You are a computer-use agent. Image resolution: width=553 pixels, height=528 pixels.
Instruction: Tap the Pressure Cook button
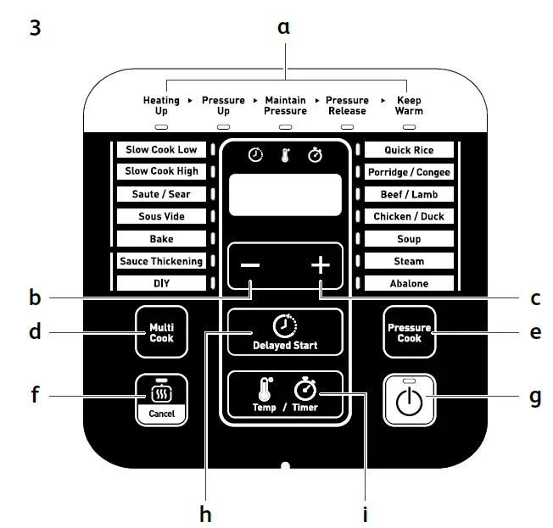pos(410,332)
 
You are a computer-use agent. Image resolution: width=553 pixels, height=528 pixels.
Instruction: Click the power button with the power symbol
pos(410,398)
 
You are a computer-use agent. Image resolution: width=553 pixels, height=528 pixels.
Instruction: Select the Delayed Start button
pos(285,332)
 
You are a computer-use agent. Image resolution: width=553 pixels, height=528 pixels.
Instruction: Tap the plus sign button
pos(320,265)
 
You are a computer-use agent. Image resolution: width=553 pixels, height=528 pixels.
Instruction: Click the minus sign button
pos(251,265)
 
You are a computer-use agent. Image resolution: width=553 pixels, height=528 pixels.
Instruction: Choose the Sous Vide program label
pos(161,216)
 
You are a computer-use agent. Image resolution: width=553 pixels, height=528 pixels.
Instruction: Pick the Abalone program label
pos(409,284)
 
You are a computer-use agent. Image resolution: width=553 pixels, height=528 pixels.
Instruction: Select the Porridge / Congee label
pos(409,172)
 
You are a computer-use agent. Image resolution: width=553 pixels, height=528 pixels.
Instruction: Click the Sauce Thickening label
pos(161,261)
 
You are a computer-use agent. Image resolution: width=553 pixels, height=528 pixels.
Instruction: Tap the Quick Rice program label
pos(409,150)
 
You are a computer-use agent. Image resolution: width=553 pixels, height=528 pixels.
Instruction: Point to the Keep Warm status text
pos(409,105)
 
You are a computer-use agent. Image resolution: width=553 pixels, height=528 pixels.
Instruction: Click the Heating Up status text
pos(161,105)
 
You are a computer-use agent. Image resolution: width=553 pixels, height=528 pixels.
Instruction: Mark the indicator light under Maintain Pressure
pos(285,126)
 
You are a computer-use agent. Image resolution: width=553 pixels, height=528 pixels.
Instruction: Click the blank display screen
pos(285,196)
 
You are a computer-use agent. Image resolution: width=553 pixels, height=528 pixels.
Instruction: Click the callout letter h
pos(204,513)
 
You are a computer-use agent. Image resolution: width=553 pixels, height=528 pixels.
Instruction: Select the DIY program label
pos(161,283)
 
